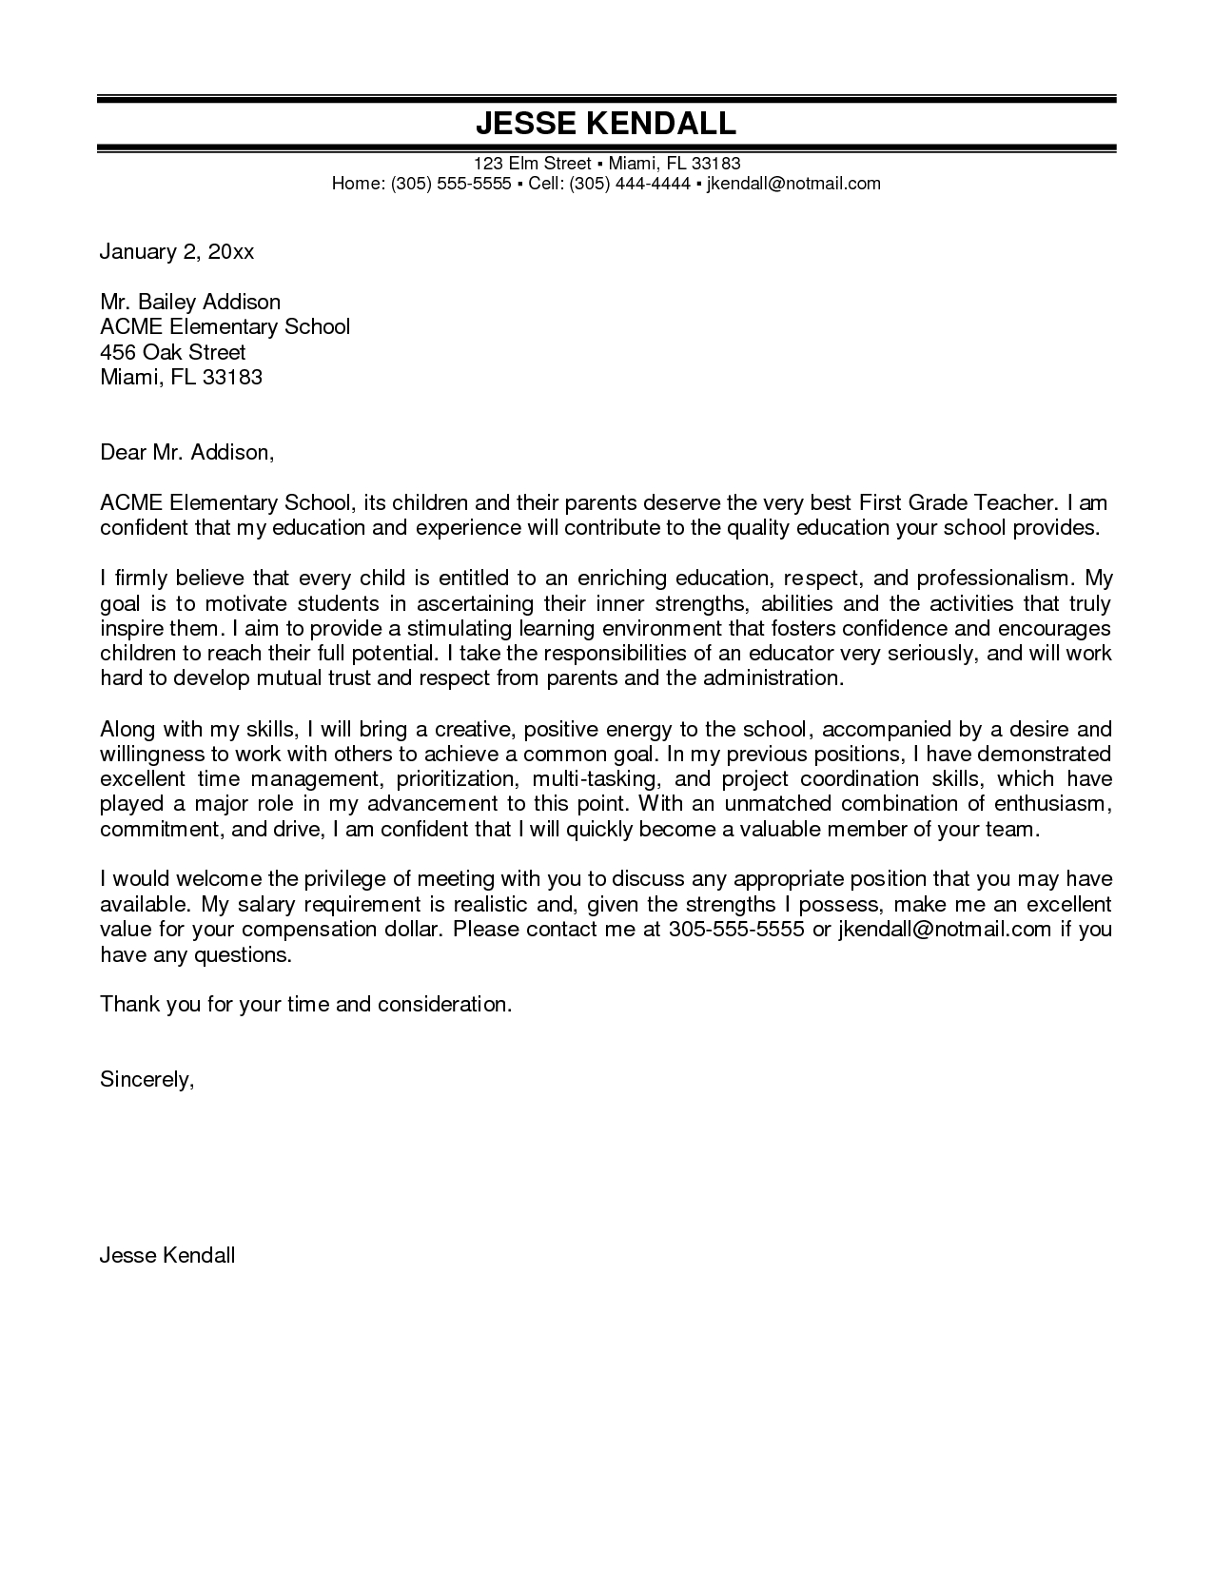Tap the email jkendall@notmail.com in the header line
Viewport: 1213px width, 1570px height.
(x=793, y=184)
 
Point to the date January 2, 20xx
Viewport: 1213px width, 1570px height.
(x=177, y=252)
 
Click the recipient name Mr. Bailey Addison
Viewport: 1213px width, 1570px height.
(x=190, y=303)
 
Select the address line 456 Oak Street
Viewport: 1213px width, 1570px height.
(x=173, y=352)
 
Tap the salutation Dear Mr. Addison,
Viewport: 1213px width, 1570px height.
(x=187, y=453)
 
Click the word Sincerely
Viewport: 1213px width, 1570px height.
(x=147, y=1079)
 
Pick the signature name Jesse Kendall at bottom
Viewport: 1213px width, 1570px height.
(x=167, y=1255)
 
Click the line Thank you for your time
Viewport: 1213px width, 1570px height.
(x=306, y=1004)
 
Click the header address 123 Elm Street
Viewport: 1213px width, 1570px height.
(x=533, y=164)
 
